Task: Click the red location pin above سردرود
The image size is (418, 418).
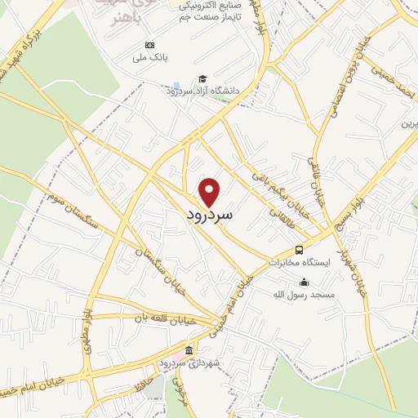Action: pyautogui.click(x=211, y=192)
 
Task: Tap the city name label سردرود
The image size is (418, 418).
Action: pyautogui.click(x=210, y=216)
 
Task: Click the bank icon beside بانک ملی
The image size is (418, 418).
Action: pyautogui.click(x=149, y=45)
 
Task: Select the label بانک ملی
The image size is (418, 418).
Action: pyautogui.click(x=149, y=58)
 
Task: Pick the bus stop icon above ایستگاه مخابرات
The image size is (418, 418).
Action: pyautogui.click(x=300, y=250)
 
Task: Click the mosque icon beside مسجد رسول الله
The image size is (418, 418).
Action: pyautogui.click(x=304, y=282)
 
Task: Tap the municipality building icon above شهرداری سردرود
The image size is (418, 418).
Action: pyautogui.click(x=189, y=351)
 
